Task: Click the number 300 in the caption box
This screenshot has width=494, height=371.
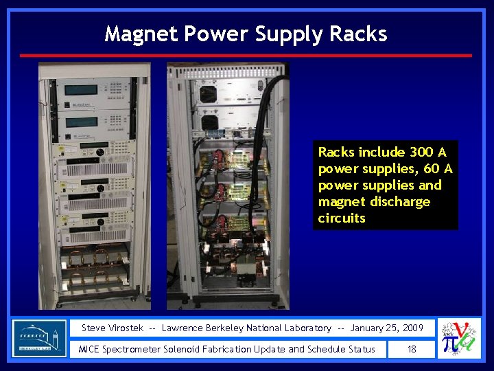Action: [421, 152]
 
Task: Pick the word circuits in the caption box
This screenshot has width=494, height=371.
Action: [342, 218]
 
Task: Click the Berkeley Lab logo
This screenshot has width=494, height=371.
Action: [40, 337]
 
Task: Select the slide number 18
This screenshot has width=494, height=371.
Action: [412, 349]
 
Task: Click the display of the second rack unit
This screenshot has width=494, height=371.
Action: [82, 122]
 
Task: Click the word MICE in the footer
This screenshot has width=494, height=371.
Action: [90, 349]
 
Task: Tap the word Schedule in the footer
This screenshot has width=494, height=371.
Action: [328, 349]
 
